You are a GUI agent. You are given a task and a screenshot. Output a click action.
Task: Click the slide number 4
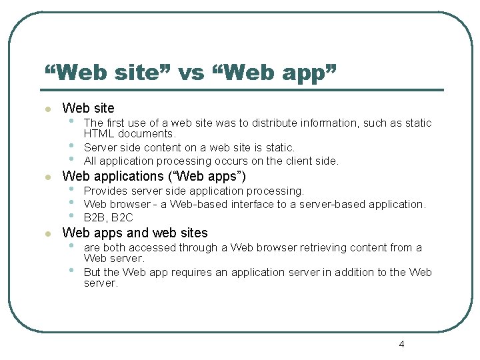(401, 345)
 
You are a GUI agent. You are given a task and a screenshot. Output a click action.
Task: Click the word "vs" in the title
(191, 72)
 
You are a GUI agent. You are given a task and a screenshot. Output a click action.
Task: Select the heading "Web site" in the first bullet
(88, 108)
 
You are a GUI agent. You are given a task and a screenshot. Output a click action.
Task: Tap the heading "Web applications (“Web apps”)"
(154, 177)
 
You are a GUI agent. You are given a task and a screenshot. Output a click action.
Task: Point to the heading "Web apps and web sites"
(135, 233)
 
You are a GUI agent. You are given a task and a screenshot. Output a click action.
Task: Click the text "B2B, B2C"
(109, 217)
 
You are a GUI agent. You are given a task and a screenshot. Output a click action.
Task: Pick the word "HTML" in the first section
(98, 134)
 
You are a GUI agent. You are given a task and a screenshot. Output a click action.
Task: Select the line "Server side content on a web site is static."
(189, 148)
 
